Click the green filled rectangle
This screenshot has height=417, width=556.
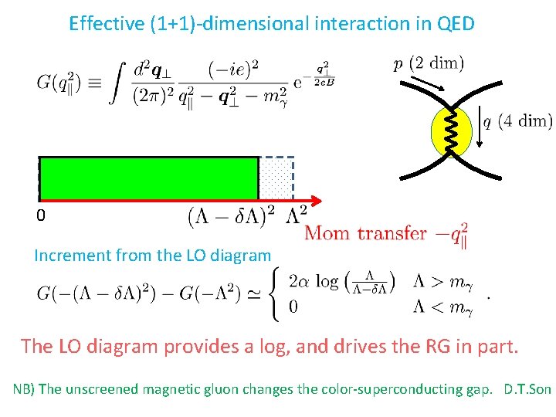coord(148,178)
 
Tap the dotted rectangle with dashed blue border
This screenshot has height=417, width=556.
coord(276,178)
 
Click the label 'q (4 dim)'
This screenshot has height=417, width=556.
coord(517,121)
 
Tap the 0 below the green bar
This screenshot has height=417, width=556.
coord(41,216)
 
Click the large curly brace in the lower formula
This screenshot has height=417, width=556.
coord(276,293)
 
